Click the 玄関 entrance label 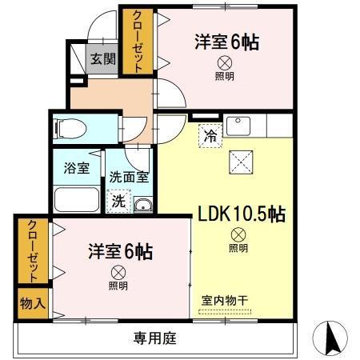(101, 58)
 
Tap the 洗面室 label (129, 178)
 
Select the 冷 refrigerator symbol (209, 136)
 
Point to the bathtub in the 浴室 (76, 200)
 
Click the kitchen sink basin (238, 126)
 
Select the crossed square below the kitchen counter (241, 162)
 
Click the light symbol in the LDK (238, 234)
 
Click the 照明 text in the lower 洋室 (118, 285)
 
